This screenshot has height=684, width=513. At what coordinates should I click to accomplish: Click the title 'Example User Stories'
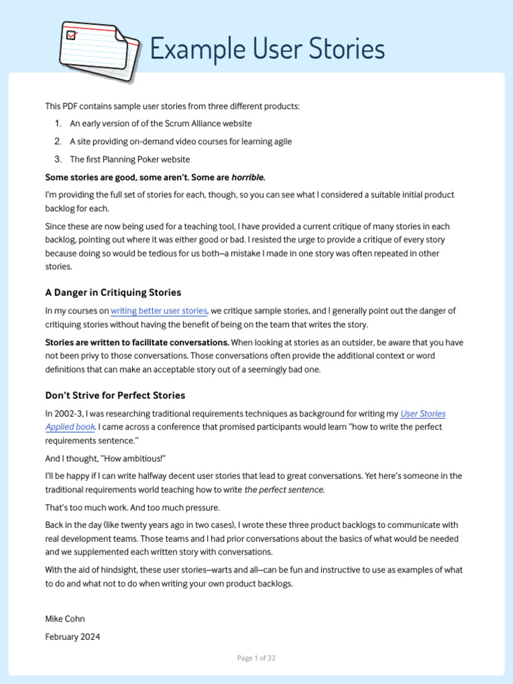tap(267, 49)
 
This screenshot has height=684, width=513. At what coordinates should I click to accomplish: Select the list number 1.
tap(57, 124)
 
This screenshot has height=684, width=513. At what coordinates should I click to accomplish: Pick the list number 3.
tap(57, 159)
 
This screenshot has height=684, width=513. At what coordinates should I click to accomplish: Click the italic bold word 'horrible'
tap(247, 177)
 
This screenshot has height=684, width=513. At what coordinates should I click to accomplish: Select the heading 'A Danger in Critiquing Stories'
tap(113, 293)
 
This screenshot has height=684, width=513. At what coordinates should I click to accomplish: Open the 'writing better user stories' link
tap(159, 311)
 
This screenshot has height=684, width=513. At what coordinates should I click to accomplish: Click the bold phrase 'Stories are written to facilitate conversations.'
tap(137, 343)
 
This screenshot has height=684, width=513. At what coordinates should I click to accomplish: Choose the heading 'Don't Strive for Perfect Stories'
tap(115, 395)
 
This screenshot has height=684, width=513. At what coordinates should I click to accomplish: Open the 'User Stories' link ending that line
tap(422, 413)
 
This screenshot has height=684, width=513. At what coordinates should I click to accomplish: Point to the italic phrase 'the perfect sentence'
tap(284, 490)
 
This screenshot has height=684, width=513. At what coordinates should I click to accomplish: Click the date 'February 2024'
tap(73, 637)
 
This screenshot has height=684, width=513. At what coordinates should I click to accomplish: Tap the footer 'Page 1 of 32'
tap(256, 658)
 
